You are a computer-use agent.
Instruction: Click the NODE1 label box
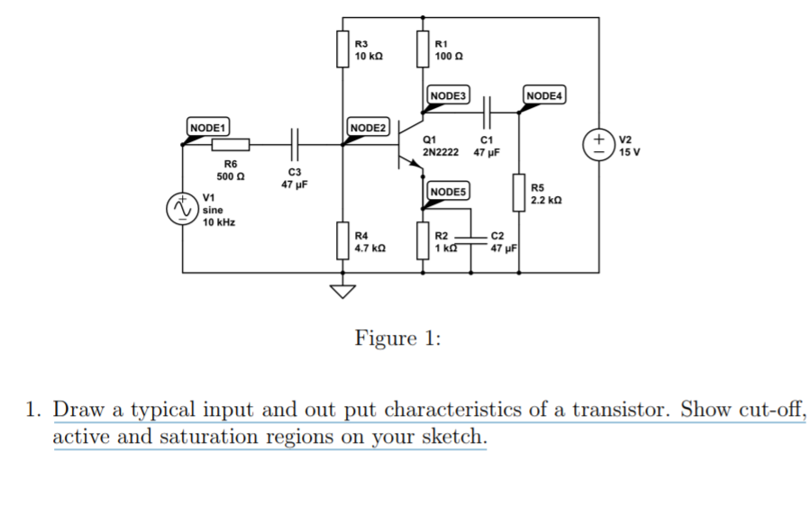pos(208,127)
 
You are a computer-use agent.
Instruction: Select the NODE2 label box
pos(368,127)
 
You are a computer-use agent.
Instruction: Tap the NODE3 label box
pos(448,95)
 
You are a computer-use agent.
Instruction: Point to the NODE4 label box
pos(543,95)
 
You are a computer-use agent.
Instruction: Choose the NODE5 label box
pos(448,192)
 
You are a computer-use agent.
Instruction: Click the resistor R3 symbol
pos(342,50)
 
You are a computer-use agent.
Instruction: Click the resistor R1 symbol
pos(423,50)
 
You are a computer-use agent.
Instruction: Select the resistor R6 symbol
pos(231,145)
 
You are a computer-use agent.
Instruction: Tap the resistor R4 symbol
pos(342,240)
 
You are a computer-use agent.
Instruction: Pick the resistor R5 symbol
pos(519,193)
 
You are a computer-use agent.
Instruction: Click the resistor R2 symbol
pos(423,240)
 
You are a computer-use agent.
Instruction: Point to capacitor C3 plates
pos(295,145)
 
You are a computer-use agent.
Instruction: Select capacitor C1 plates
pos(487,113)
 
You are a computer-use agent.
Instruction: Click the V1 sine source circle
pos(182,209)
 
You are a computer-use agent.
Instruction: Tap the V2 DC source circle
pos(599,145)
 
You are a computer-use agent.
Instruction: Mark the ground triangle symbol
pos(342,292)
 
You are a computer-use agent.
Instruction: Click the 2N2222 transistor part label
pos(441,152)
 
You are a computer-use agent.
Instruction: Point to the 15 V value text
pos(630,152)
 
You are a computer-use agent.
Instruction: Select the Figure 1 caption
pos(397,338)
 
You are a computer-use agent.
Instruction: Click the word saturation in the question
pos(208,437)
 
